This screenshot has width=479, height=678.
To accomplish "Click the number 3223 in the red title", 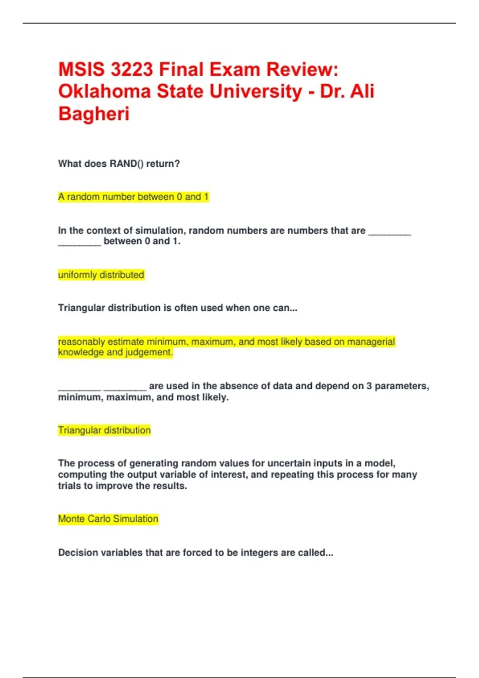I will click(x=131, y=69).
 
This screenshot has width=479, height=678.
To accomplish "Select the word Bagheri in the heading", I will click(x=94, y=114).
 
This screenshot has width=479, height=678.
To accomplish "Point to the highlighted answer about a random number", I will click(x=133, y=197).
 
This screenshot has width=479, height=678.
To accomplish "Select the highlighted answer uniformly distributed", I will click(x=101, y=275).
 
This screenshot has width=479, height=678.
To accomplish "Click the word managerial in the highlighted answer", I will click(x=371, y=342).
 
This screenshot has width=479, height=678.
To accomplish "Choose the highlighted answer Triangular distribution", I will click(x=104, y=430).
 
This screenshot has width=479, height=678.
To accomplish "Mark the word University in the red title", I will click(x=255, y=91).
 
